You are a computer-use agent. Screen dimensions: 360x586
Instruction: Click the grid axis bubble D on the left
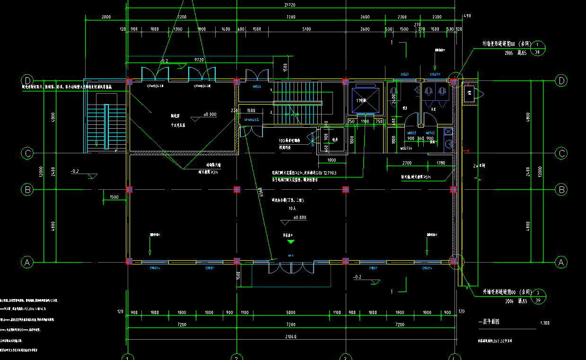click(x=28, y=80)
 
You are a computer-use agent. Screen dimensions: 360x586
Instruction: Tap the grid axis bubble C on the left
click(x=28, y=153)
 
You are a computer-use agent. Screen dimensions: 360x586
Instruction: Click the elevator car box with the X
click(x=364, y=100)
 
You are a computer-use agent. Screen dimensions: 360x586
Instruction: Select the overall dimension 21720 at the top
click(x=290, y=5)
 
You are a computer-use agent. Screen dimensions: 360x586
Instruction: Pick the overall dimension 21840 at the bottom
click(x=290, y=336)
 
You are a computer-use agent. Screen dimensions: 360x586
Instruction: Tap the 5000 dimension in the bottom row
click(x=290, y=313)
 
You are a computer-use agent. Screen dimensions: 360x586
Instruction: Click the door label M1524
click(x=257, y=87)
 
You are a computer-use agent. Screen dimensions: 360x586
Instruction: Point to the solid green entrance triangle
click(x=291, y=242)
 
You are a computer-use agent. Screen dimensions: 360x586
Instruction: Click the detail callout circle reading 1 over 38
click(x=538, y=48)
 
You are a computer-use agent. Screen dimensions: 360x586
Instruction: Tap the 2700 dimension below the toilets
click(x=406, y=163)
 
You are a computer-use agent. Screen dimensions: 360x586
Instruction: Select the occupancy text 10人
click(x=292, y=208)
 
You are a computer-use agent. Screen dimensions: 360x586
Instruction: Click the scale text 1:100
click(x=544, y=323)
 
